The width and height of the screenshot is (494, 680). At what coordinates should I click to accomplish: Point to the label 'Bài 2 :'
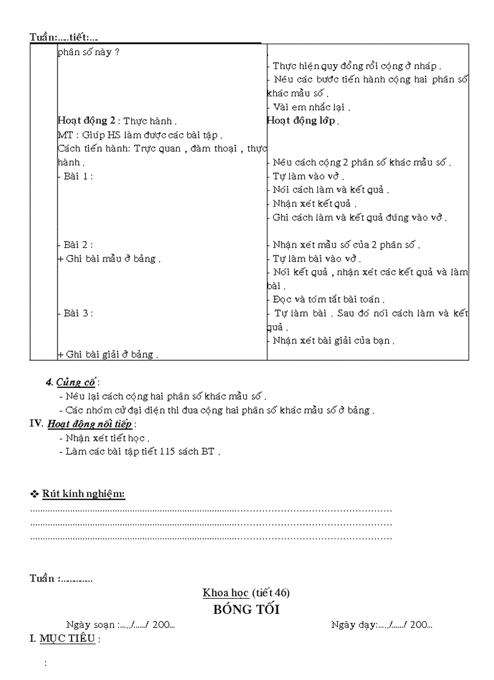pyautogui.click(x=79, y=245)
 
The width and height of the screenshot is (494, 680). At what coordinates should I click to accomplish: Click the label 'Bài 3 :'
pyautogui.click(x=79, y=313)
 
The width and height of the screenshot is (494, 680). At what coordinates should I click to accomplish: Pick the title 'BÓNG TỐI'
pyautogui.click(x=246, y=610)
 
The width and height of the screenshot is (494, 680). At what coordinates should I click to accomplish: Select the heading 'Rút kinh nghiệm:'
pyautogui.click(x=84, y=494)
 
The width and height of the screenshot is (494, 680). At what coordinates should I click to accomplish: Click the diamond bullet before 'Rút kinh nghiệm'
pyautogui.click(x=35, y=495)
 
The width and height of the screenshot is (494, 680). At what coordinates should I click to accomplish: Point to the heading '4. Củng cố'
pyautogui.click(x=72, y=382)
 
